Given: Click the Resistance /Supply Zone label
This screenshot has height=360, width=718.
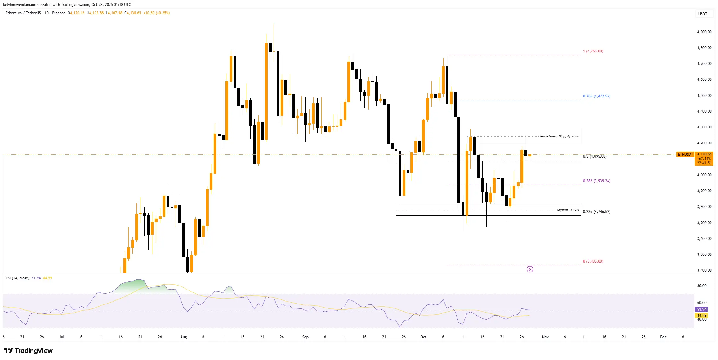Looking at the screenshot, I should pos(559,137).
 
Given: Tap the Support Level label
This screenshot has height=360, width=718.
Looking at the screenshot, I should pos(568,210).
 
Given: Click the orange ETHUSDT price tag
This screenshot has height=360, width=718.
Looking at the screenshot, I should pos(685,155).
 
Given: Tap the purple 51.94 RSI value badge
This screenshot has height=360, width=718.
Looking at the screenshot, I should pos(702,309).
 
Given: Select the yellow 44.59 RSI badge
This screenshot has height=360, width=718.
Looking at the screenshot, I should pos(702,316).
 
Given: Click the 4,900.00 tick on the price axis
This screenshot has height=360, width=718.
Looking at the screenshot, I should pos(704,32).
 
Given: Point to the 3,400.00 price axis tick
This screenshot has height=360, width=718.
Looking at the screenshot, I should pos(704,270).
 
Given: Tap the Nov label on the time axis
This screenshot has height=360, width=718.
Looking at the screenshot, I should pos(545,337).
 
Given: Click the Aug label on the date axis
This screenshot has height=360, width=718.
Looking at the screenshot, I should pos(183,337).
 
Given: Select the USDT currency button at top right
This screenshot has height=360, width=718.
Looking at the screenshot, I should pos(702,14).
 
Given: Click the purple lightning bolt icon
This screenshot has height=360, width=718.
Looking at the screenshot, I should pos(530,269).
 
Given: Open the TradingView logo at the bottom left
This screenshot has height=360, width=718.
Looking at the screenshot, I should pos(28,351).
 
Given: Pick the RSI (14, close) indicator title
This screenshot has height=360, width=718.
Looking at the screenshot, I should pos(17,278).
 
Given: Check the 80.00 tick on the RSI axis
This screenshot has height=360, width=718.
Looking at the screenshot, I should pos(702,286).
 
